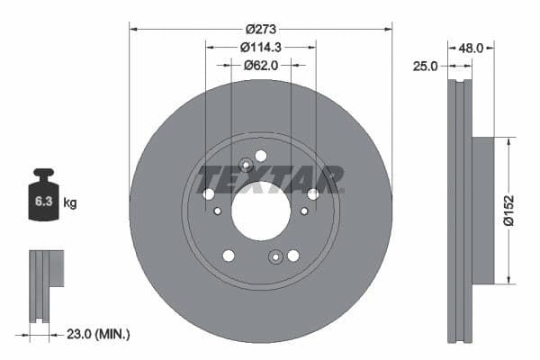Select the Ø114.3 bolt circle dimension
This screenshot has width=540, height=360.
(x=261, y=47)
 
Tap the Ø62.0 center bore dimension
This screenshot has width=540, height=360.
(x=261, y=65)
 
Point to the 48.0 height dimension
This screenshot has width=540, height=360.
(x=472, y=48)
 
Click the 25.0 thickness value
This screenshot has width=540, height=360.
(x=425, y=66)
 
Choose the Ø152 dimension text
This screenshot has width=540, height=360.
(x=508, y=209)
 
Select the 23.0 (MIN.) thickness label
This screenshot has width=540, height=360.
(x=100, y=334)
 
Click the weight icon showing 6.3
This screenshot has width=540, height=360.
(x=43, y=198)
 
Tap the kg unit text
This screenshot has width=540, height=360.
(x=70, y=203)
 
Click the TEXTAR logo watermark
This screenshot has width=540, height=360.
(x=271, y=179)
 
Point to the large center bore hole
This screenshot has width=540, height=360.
(x=261, y=211)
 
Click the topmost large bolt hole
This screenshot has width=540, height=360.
(x=261, y=155)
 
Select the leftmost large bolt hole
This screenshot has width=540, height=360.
(x=209, y=193)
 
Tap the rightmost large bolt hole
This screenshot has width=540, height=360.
(x=313, y=193)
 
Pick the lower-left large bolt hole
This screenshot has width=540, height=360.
(x=229, y=256)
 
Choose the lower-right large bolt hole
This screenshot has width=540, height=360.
(x=293, y=256)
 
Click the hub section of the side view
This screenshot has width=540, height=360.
(x=481, y=209)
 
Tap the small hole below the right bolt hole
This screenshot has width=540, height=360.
(x=304, y=211)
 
